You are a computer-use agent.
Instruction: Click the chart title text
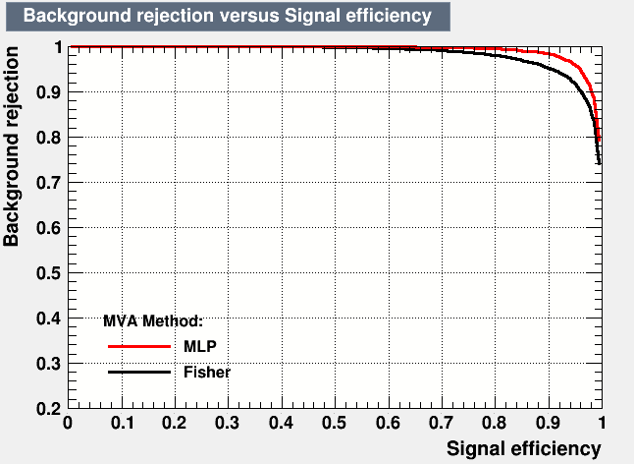pos(228,16)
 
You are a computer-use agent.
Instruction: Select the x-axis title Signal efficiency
pos(524,449)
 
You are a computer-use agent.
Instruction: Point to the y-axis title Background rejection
pos(11,146)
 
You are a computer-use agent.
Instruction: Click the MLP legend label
pos(200,346)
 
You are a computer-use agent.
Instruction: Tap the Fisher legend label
pos(207,373)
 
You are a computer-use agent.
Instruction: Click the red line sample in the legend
pos(139,346)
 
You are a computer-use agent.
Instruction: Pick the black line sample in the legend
pos(139,373)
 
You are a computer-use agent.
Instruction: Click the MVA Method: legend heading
pos(153,321)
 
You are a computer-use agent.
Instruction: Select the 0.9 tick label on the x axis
pos(548,423)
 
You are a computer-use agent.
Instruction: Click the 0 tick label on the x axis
pos(68,423)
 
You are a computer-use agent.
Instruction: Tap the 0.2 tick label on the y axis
pos(48,409)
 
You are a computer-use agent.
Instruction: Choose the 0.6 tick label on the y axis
pos(48,227)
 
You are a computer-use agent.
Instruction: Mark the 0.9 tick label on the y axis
pos(48,92)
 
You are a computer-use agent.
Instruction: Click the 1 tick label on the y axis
pos(58,47)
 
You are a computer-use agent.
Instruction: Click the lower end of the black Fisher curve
pos(599,163)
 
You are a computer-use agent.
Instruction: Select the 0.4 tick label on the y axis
pos(48,319)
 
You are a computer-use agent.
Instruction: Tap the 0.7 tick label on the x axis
pos(441,423)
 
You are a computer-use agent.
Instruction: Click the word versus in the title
pos(248,16)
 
